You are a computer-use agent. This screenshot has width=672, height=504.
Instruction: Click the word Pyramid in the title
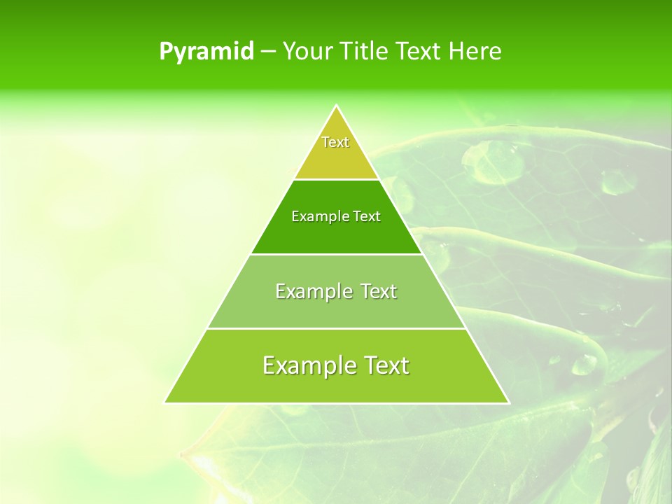(x=206, y=52)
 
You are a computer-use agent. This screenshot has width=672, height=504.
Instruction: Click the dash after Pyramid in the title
(x=268, y=52)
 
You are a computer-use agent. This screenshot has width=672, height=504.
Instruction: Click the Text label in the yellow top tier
(x=335, y=142)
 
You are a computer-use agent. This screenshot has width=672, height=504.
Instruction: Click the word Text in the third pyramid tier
(x=379, y=291)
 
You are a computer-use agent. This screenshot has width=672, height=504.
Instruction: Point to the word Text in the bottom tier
(x=386, y=365)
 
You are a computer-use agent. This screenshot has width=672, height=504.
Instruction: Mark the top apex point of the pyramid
(x=337, y=106)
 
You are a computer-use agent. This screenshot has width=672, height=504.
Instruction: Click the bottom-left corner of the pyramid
(x=166, y=402)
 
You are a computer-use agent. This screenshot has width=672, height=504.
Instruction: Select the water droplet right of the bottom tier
(x=584, y=363)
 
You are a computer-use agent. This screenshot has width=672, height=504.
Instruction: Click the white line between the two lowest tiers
(x=337, y=328)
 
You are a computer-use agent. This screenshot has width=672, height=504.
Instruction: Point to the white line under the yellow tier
(x=337, y=179)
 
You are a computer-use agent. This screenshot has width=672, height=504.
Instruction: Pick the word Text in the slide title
(x=419, y=52)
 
